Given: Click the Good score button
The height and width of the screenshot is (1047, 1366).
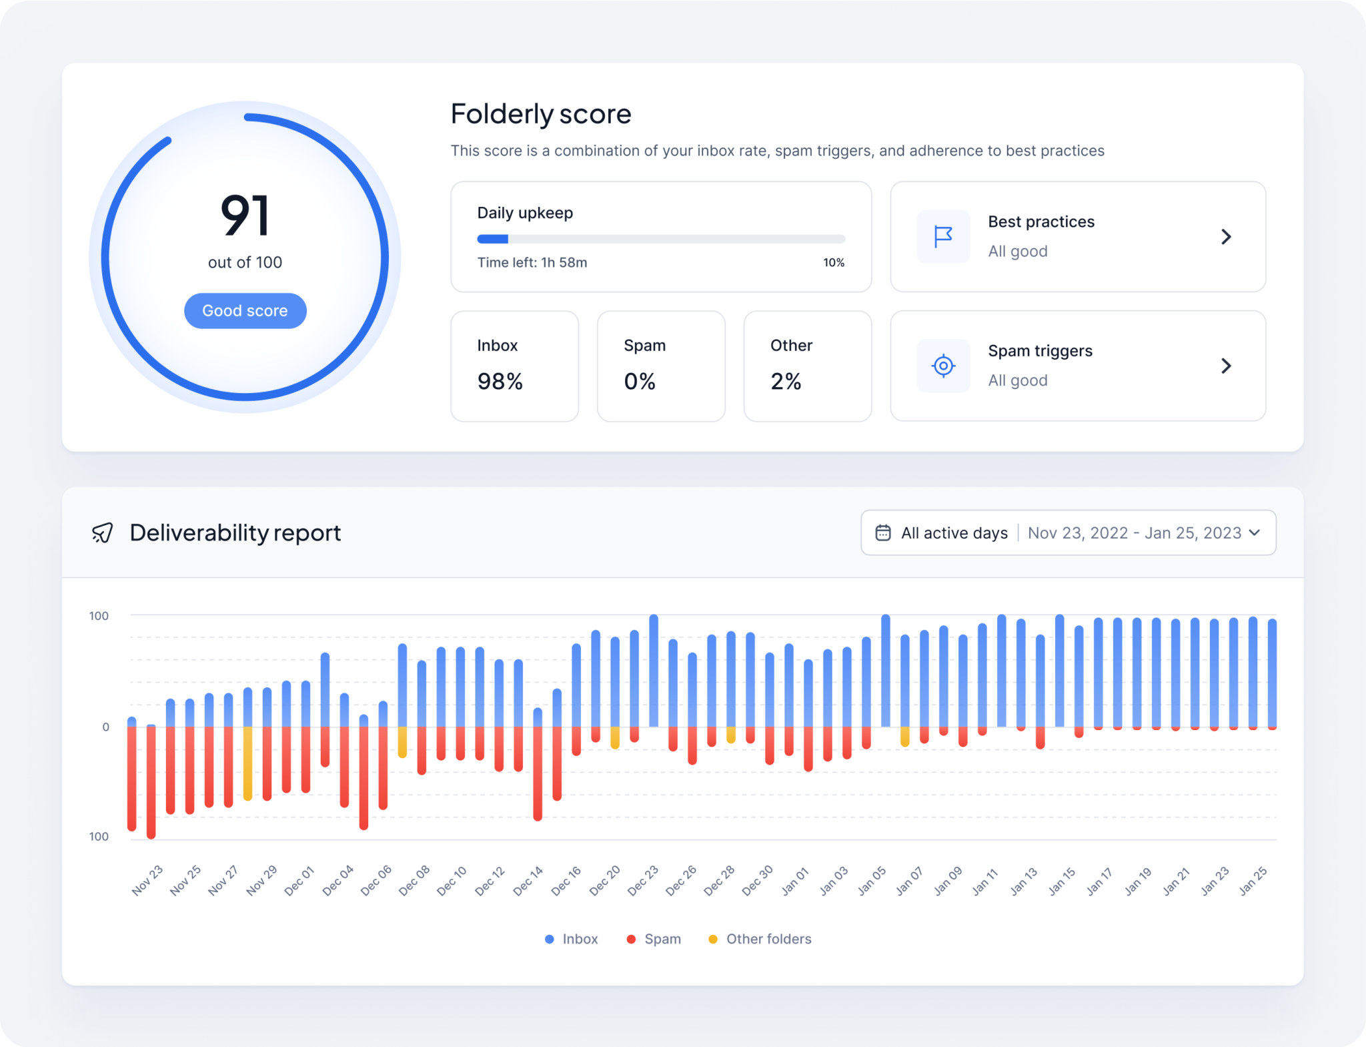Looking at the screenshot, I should tap(245, 311).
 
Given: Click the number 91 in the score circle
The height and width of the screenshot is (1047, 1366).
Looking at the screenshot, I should tap(245, 216).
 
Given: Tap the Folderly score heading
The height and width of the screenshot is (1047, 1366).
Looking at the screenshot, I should tap(540, 114).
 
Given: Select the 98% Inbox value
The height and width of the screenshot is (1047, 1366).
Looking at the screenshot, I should tap(500, 382).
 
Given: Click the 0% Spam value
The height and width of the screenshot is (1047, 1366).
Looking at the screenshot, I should tap(639, 382).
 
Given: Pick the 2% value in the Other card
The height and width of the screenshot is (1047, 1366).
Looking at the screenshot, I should tap(785, 382).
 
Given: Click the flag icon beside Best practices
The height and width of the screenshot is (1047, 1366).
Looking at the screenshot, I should tap(942, 237).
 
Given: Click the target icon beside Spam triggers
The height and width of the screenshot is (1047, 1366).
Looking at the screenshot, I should tap(942, 366).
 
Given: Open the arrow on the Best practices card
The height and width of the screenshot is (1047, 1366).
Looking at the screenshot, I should tap(1225, 237).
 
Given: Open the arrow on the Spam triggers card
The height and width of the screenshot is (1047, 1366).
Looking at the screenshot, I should tap(1225, 366).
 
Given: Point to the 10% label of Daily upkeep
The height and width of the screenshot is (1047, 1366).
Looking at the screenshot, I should tap(833, 263).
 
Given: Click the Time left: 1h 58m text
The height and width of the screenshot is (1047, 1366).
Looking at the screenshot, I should tap(532, 263).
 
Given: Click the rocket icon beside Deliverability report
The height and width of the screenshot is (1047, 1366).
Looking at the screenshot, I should tap(103, 533).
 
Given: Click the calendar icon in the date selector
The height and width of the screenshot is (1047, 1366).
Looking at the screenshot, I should tap(882, 533).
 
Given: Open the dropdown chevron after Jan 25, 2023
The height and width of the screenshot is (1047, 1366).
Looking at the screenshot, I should tap(1254, 533).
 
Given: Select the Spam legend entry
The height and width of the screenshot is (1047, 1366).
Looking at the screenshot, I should tap(654, 939).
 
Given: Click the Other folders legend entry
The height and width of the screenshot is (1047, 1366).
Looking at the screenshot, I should tap(760, 939).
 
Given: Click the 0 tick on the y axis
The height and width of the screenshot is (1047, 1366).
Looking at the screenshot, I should tap(105, 727).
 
